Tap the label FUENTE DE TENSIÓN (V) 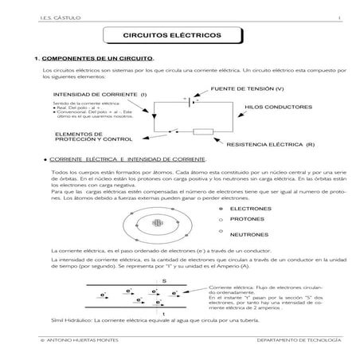click(x=248, y=88)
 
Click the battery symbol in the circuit click(x=186, y=101)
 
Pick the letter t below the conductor click(x=163, y=315)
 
